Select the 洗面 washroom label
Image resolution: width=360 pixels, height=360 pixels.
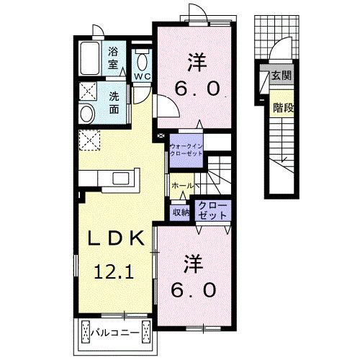click(x=115, y=104)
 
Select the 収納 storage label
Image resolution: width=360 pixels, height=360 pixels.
click(x=180, y=212)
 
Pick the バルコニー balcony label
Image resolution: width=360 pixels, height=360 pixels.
click(x=116, y=333)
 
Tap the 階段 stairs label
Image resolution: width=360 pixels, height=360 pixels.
click(x=282, y=108)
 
